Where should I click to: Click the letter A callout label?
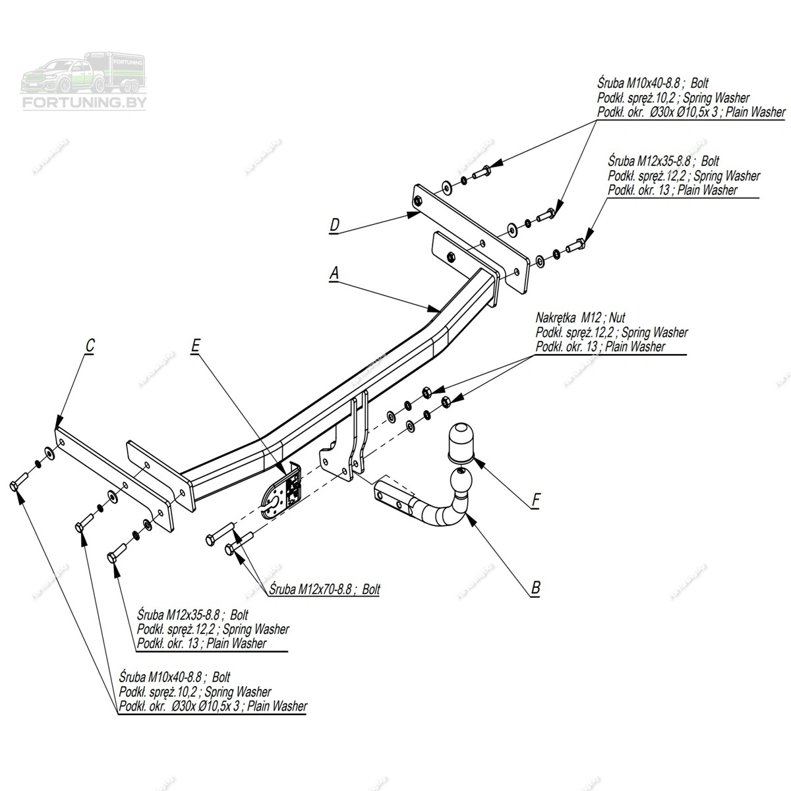[x=334, y=272]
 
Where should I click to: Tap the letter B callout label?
[x=535, y=587]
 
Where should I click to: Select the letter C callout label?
[x=90, y=345]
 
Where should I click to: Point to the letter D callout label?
[x=334, y=226]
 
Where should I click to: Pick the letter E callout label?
[x=195, y=345]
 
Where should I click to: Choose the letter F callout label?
[x=535, y=501]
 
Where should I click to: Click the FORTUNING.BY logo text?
[x=84, y=103]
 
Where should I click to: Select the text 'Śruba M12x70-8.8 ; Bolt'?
[x=326, y=589]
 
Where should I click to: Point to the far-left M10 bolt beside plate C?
[x=17, y=482]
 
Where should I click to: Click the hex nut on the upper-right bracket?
[x=450, y=256]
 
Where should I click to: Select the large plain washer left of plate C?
[x=49, y=453]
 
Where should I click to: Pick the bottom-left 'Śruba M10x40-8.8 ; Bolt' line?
[x=175, y=677]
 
